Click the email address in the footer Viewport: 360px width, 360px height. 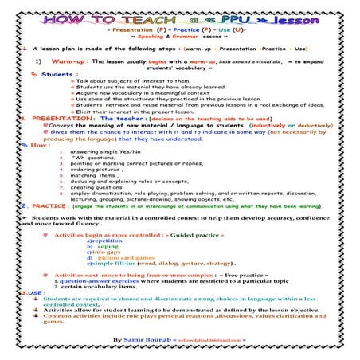pos(222,340)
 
